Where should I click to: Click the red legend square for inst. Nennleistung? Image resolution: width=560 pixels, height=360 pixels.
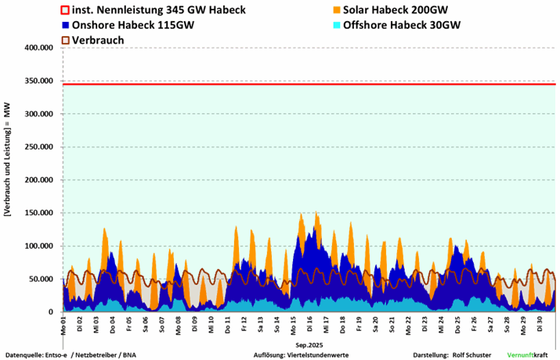(x=66, y=10)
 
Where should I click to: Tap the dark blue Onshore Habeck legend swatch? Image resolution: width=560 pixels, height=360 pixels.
(x=66, y=25)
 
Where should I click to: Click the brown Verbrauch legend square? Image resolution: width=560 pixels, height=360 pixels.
(x=66, y=39)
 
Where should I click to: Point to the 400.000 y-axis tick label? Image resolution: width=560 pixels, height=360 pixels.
(x=38, y=48)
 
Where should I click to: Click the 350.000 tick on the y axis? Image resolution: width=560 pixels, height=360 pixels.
(x=38, y=81)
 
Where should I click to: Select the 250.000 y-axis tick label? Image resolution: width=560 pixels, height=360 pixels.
(x=38, y=147)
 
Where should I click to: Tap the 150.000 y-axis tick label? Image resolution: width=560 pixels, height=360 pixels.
(x=38, y=213)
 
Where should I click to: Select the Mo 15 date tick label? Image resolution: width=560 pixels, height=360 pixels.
(x=293, y=322)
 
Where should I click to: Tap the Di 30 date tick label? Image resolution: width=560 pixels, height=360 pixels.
(x=539, y=322)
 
